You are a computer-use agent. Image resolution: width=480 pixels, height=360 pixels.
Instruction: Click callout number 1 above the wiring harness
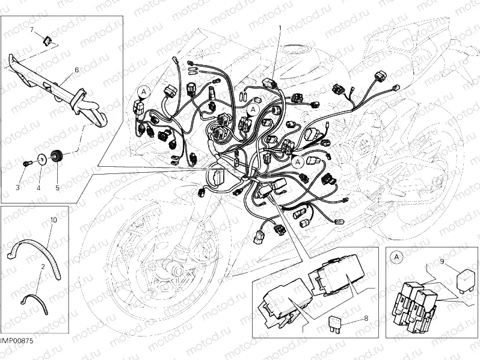click(279, 28)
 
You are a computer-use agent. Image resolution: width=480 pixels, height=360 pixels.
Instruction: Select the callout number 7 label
click(32, 29)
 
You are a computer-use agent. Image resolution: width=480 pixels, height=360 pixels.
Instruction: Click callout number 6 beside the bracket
click(76, 70)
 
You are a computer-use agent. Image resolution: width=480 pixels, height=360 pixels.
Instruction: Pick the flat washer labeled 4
click(42, 159)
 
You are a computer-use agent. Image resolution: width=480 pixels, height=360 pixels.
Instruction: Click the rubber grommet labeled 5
click(58, 157)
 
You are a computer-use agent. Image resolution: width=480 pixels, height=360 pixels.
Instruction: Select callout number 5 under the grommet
click(58, 188)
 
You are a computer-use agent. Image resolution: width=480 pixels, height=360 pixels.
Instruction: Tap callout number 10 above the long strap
click(54, 220)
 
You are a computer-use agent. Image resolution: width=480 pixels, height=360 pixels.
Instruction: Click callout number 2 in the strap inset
click(43, 265)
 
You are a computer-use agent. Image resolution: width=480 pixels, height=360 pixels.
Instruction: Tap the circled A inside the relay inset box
click(396, 257)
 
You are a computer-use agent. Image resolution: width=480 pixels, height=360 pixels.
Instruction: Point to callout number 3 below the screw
click(17, 188)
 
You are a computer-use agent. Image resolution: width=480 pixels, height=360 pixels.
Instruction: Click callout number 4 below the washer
click(38, 188)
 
